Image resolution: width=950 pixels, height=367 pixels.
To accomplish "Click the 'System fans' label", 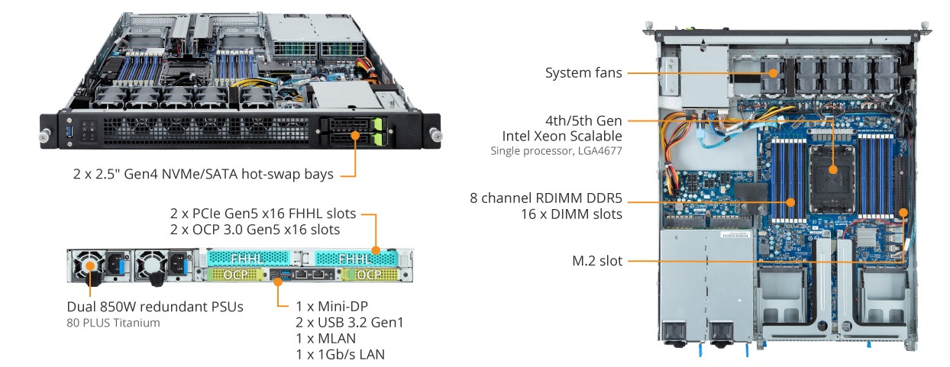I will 583,73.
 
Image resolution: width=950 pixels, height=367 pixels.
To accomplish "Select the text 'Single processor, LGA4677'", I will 556,151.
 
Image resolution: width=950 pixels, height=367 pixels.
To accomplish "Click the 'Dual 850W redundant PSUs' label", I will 155,307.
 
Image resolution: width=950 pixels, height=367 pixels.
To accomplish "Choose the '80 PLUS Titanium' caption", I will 113,323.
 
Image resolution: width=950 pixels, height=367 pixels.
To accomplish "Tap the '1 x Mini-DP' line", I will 328,305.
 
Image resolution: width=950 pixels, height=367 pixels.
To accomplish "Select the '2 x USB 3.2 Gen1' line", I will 349,322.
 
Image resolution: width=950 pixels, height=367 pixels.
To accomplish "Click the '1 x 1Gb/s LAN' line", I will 340,354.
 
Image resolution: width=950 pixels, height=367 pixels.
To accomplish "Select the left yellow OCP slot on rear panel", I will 231,273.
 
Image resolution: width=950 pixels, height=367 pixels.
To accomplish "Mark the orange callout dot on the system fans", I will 772,73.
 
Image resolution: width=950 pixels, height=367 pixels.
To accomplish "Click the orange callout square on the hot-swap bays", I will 356,136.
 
